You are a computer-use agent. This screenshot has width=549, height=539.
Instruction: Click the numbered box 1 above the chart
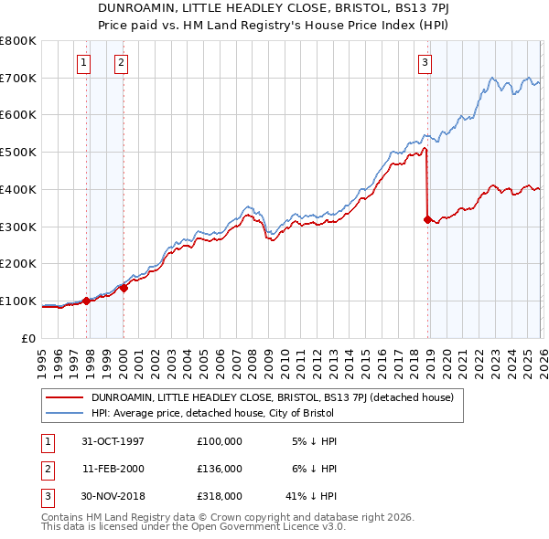83,63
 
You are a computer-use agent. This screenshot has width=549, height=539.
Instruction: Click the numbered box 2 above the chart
121,63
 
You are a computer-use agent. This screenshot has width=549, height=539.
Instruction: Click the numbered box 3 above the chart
425,63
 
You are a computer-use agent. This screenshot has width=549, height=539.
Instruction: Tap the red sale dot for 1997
87,301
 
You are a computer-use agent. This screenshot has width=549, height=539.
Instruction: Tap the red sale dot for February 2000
124,288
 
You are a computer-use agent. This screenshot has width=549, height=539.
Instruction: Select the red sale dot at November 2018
427,219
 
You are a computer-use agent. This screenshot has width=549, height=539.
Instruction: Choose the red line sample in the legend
66,397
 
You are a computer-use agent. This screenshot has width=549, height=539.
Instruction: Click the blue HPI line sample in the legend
66,413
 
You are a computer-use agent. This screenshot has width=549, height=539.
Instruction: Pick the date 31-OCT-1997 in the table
113,440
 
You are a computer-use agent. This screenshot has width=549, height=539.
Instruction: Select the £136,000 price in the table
220,469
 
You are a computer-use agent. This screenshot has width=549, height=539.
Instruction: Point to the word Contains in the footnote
64,517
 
